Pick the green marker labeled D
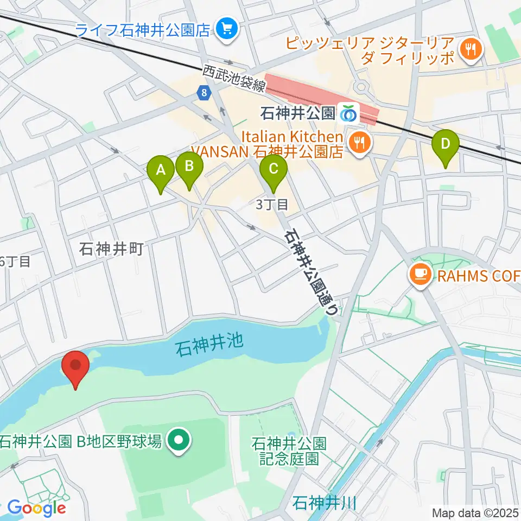coord(446,145)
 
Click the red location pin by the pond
coord(75,366)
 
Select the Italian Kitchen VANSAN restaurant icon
coord(359,143)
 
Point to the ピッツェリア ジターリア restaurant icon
coord(467,50)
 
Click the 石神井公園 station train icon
coord(347,113)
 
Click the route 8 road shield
coord(203,93)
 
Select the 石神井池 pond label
coord(208,344)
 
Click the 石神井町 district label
coord(111,249)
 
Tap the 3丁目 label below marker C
coord(271,205)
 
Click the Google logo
coord(36,508)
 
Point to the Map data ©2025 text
coord(475,512)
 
